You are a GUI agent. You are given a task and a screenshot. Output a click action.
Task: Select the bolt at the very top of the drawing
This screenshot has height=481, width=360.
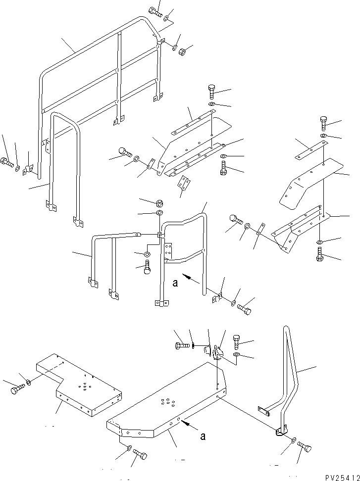coord(155,12)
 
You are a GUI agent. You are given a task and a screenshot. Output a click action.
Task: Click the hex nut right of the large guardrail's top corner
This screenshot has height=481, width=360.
coord(182,50)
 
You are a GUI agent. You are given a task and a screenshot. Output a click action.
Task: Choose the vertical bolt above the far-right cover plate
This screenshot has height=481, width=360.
coord(323,122)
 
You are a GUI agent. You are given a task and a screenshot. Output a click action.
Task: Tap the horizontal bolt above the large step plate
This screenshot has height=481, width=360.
coord(181,345)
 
